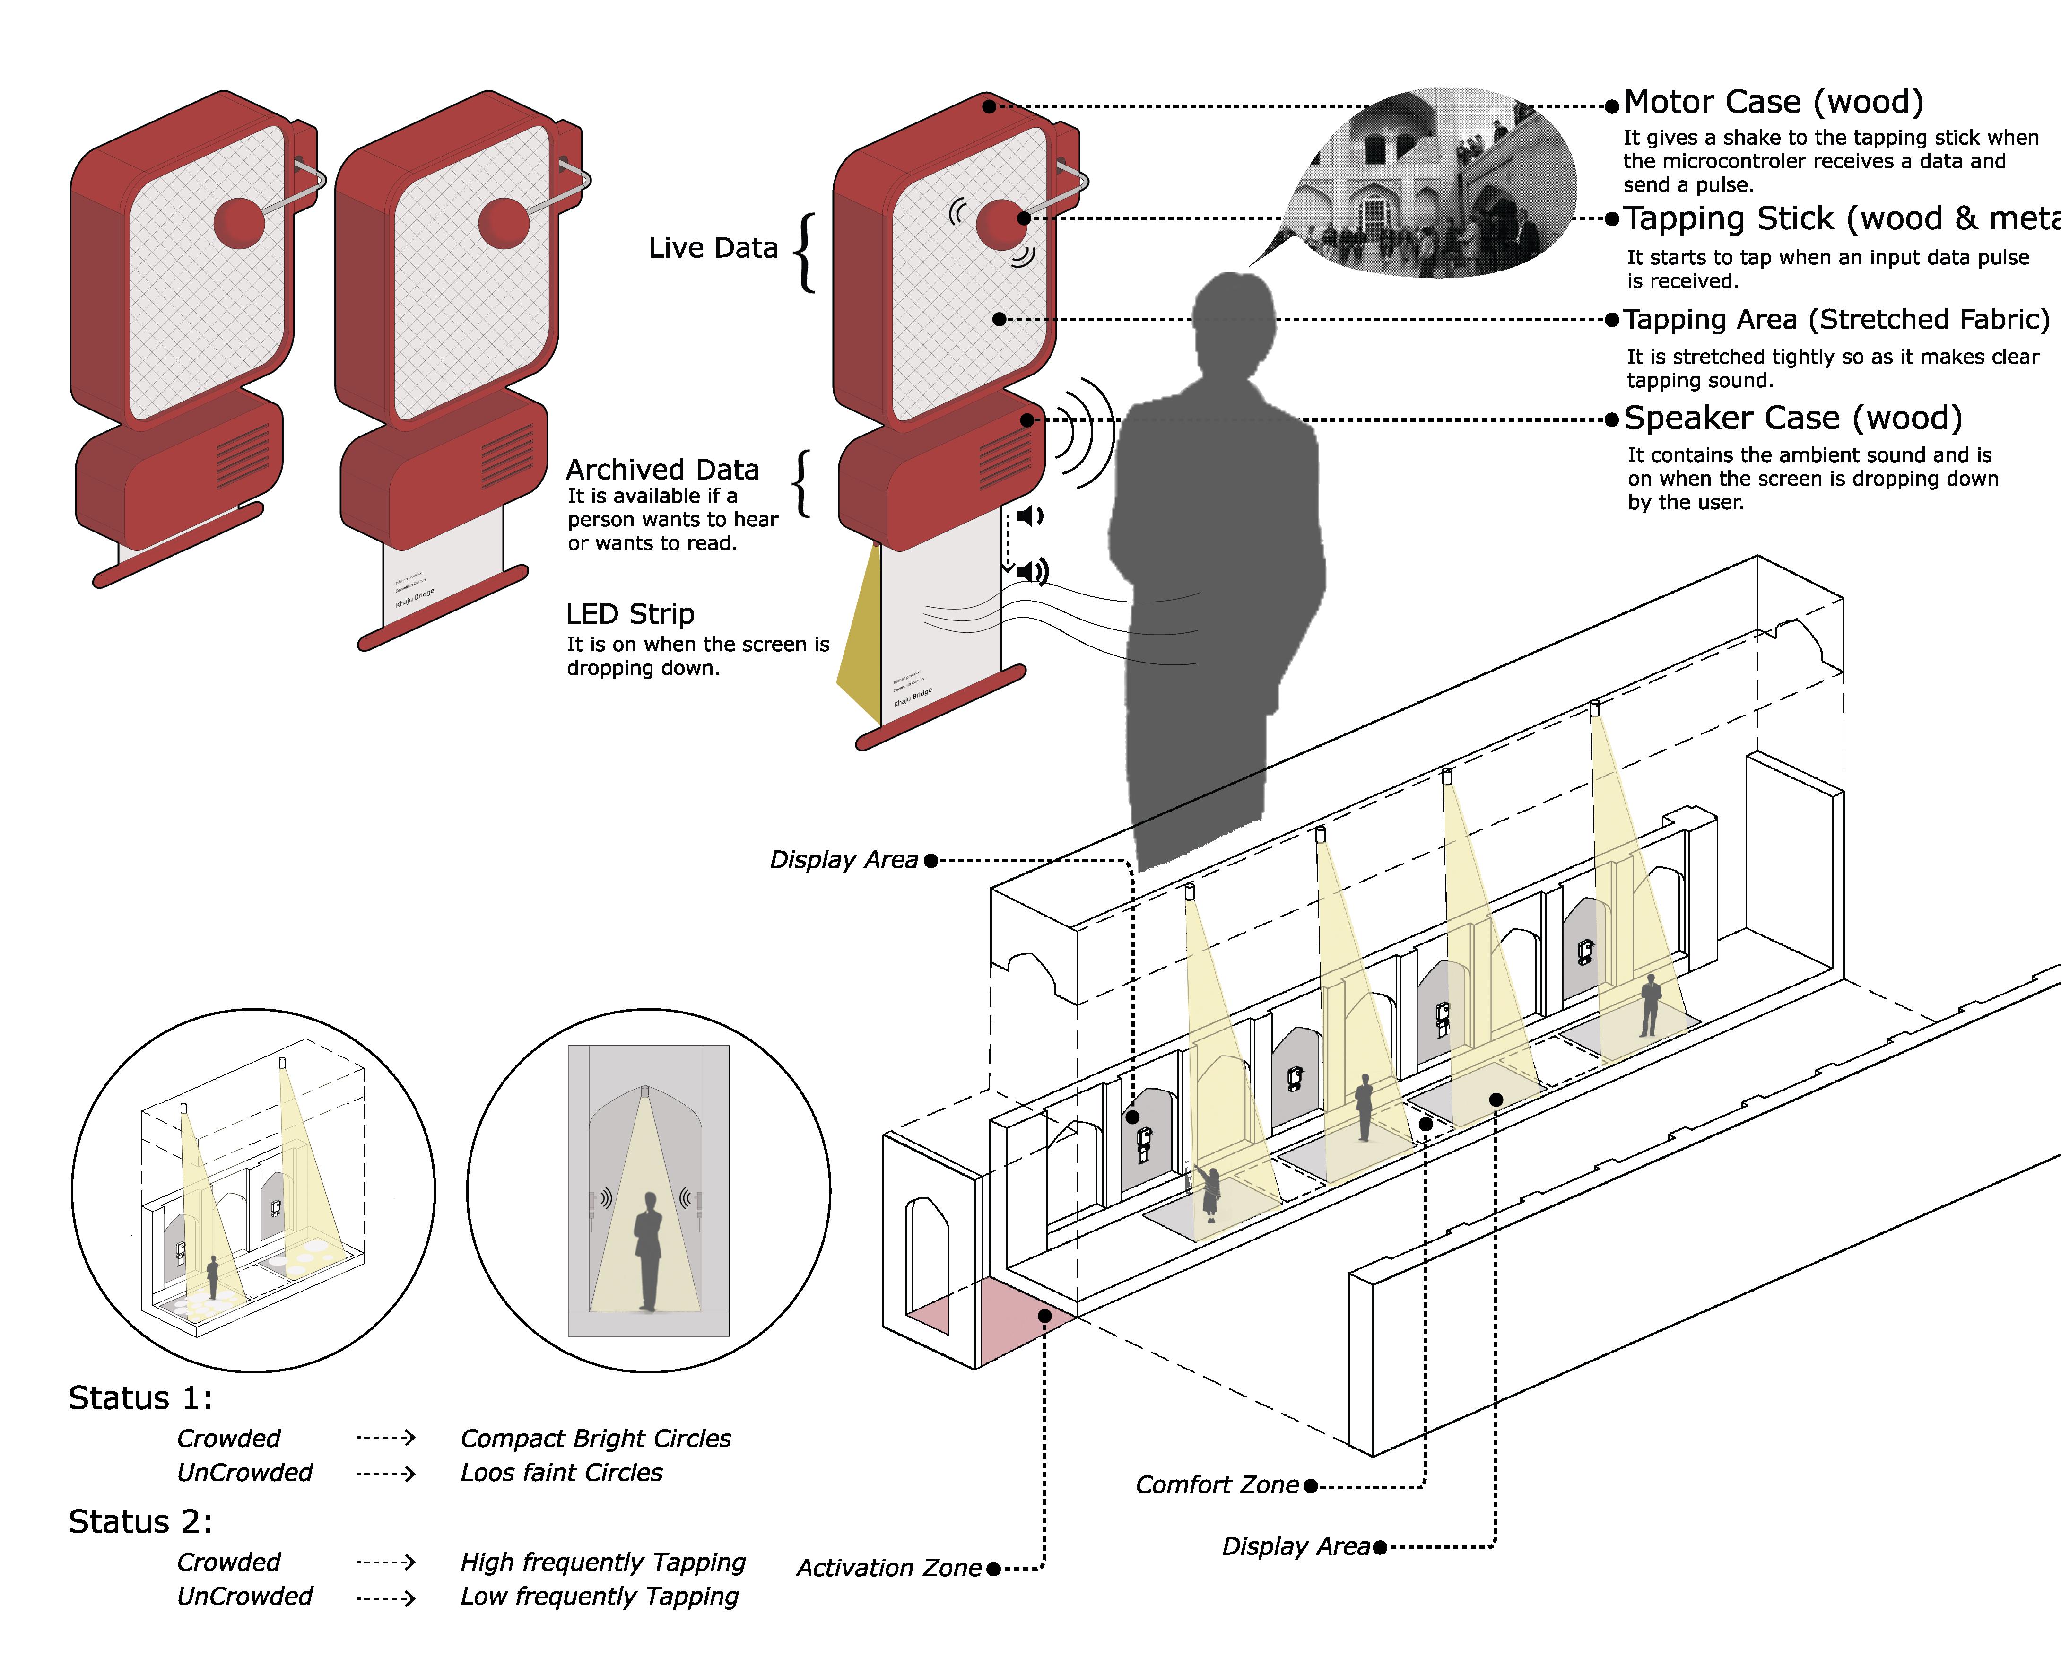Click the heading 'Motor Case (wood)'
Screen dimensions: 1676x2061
(x=1774, y=102)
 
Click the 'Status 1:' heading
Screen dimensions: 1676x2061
(x=140, y=1398)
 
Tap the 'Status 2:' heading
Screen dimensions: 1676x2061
(x=140, y=1521)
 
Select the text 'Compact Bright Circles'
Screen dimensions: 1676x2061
(x=596, y=1439)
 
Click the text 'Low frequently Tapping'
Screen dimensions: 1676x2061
(x=600, y=1597)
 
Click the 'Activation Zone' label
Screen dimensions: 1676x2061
(x=888, y=1568)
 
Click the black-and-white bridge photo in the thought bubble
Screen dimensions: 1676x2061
(x=1429, y=183)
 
